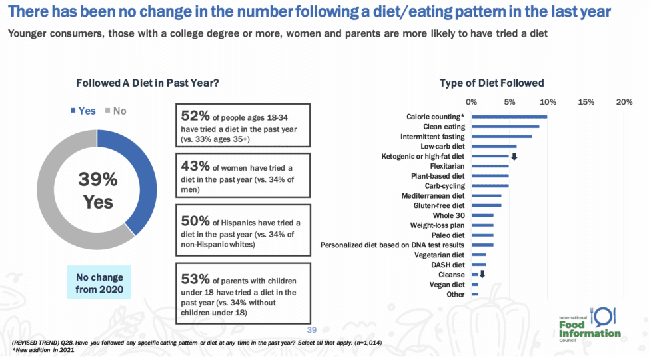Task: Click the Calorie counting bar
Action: [509, 117]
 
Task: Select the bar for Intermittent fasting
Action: [501, 137]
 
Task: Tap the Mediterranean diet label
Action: [433, 196]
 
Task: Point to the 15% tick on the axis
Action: [586, 102]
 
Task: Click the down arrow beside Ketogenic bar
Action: [514, 157]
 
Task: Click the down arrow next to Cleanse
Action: [482, 275]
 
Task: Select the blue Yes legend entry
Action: [83, 111]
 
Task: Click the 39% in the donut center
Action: [98, 179]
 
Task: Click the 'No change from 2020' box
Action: [99, 282]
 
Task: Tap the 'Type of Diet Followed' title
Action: [492, 83]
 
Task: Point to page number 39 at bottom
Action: [311, 329]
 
